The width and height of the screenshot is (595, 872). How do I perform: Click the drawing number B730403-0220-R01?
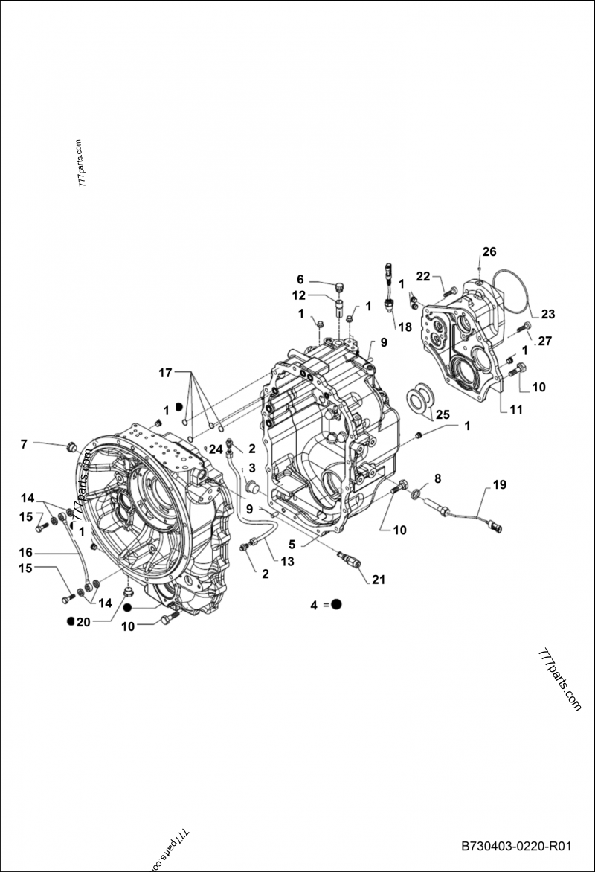[516, 847]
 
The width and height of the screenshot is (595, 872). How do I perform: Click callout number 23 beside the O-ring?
[547, 314]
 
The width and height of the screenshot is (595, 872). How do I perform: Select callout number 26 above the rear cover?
[489, 251]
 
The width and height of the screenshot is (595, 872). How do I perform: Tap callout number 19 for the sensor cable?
[499, 484]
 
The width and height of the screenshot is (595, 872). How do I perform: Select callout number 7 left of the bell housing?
[24, 444]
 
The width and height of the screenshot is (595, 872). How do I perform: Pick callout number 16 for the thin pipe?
[26, 552]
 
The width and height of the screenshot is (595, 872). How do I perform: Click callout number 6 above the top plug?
[300, 279]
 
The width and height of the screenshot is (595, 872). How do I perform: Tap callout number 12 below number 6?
[298, 295]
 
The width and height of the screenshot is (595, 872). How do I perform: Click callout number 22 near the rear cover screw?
[423, 276]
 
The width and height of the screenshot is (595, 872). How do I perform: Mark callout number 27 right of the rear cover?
[544, 342]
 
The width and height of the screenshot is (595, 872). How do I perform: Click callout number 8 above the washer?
[437, 478]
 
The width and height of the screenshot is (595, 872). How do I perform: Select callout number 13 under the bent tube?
[286, 562]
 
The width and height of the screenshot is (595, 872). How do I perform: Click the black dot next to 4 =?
[336, 605]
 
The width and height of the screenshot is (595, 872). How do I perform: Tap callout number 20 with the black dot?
[83, 621]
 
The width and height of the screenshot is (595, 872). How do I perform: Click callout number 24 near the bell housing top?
[216, 449]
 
